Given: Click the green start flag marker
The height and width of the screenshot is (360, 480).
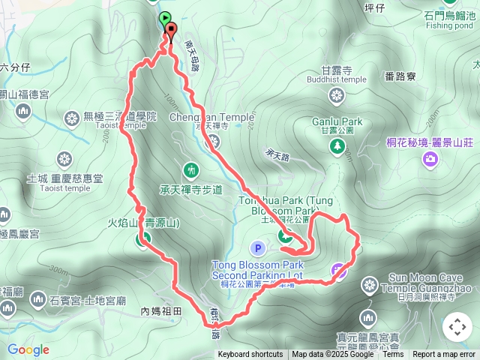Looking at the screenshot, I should point(164,18).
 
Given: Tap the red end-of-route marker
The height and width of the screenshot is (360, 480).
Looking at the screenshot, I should point(171,31).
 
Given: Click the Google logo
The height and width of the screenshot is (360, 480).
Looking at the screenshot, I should point(28,349).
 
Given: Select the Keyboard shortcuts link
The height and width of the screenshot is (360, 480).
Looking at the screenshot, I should point(250,355).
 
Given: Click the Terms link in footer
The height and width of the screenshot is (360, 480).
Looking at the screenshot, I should point(393,355).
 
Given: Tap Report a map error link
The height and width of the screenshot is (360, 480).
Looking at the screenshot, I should point(445,355).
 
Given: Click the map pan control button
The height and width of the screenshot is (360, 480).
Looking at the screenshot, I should point(457,327).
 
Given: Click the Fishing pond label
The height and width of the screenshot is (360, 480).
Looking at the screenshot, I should point(450,24).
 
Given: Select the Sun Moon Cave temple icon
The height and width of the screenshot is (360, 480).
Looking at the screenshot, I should point(369,284).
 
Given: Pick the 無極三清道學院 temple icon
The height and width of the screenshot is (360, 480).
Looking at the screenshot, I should point(72,118).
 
